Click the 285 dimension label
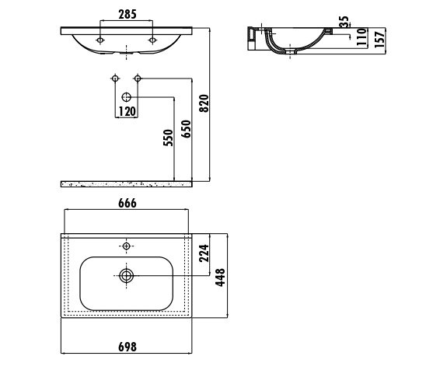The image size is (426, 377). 127,15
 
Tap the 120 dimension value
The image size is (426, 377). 127,111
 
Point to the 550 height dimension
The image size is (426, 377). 168,138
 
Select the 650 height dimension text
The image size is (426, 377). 186,129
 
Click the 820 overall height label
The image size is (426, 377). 204,103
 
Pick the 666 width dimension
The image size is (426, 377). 127,203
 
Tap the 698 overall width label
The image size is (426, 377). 127,347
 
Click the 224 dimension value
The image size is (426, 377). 204,253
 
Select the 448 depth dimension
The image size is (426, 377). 220,278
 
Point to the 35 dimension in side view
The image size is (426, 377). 344,22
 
